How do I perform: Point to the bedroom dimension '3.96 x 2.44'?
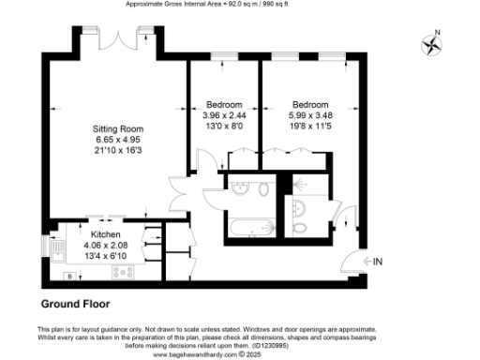point(224,114)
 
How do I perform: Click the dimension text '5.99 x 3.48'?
point(309,114)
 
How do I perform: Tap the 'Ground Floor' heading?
point(76,304)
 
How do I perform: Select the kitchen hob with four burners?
point(122,273)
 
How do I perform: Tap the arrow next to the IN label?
point(364,261)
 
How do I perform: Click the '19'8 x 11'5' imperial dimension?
point(309,126)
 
